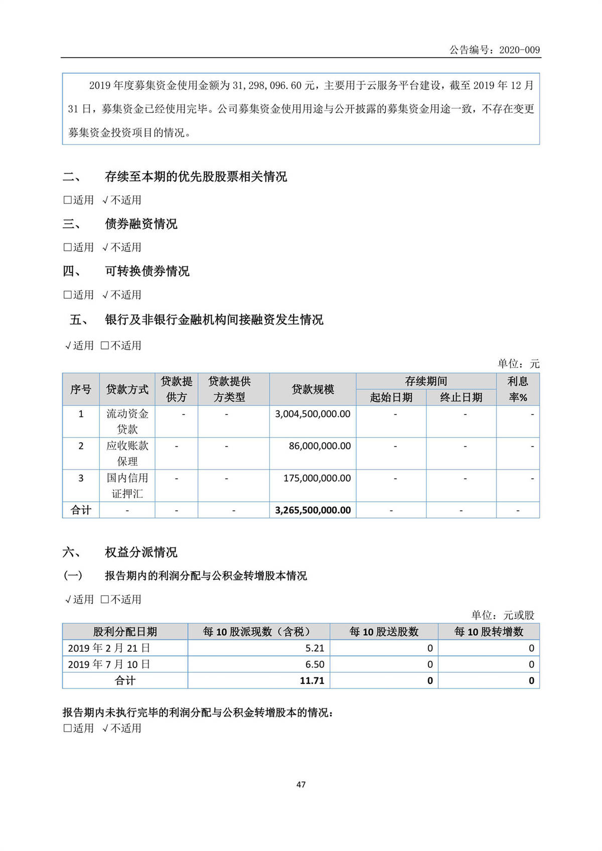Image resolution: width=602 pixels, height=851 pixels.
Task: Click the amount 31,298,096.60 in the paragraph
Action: [266, 86]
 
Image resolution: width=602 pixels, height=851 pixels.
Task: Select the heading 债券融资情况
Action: [141, 224]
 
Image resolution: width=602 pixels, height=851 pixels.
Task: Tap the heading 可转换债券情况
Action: [147, 271]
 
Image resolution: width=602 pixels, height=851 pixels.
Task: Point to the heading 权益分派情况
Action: [141, 552]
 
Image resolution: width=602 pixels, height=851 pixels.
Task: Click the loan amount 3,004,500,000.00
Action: [313, 414]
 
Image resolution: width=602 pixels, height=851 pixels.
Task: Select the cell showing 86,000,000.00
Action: [320, 446]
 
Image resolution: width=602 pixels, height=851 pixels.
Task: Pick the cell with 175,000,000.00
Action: [317, 478]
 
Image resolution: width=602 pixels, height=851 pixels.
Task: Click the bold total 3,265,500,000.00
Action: [313, 510]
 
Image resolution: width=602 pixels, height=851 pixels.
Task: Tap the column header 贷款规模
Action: [313, 389]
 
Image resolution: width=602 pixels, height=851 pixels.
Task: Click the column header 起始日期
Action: [391, 397]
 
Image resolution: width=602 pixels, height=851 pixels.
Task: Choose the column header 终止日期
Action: [461, 397]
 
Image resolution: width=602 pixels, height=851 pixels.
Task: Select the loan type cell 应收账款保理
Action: [127, 454]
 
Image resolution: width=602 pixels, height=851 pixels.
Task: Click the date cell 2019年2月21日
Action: [109, 648]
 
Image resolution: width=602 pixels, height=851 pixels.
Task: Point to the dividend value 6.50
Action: [315, 664]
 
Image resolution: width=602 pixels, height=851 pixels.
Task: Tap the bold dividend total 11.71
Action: [312, 681]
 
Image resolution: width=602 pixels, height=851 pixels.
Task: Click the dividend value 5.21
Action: [315, 648]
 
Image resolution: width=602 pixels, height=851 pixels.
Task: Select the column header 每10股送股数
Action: [384, 632]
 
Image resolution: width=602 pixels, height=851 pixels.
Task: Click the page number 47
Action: [301, 785]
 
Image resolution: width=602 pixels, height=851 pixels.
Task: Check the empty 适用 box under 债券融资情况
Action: [68, 247]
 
